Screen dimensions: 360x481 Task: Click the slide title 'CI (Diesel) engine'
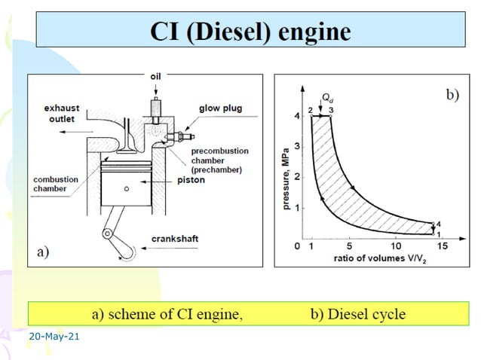pos(251,32)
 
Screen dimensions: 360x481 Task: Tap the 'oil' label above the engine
pos(155,76)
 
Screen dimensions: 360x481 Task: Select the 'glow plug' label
pos(219,108)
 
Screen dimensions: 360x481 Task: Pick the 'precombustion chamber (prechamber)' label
pos(215,160)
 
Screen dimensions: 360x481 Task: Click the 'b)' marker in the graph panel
pos(452,95)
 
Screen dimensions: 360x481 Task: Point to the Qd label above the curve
pos(326,97)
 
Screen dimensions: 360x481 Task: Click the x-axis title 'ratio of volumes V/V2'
pos(375,259)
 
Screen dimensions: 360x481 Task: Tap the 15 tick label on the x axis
pos(443,246)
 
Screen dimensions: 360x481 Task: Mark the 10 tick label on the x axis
pos(396,246)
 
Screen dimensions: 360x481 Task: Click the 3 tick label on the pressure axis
pos(298,146)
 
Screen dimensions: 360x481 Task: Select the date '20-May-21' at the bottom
pos(54,336)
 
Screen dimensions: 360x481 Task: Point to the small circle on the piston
pos(127,188)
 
